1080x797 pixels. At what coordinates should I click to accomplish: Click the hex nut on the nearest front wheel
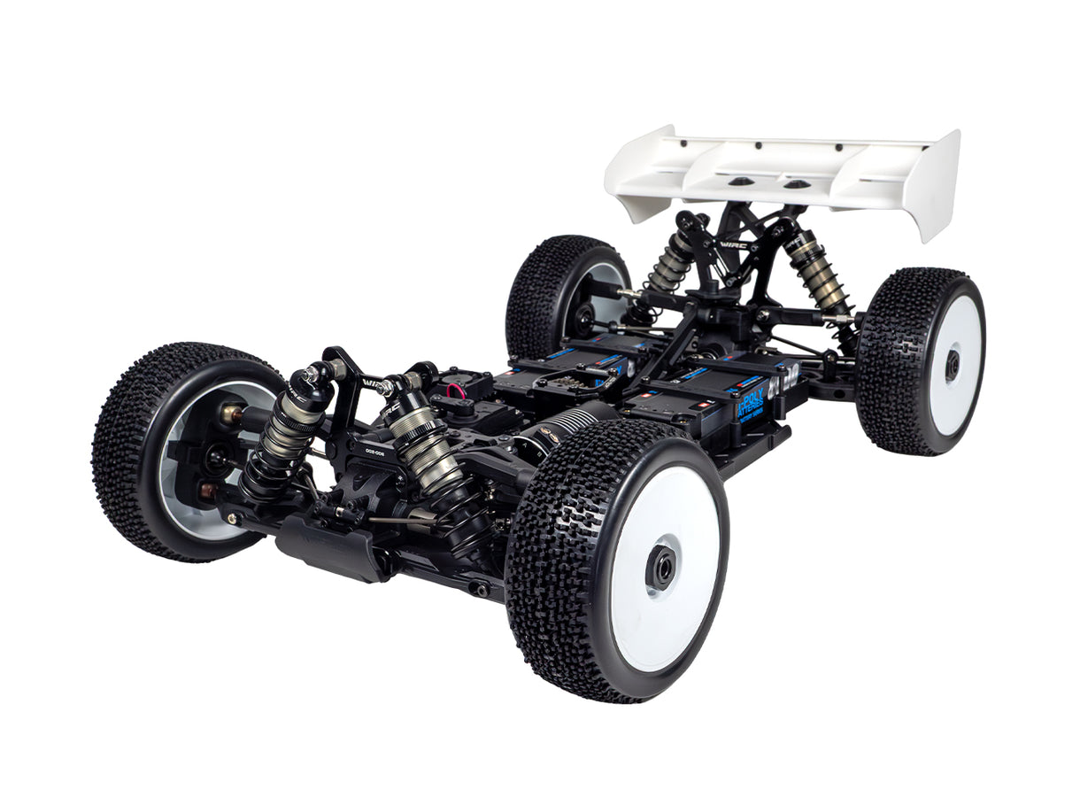point(662,568)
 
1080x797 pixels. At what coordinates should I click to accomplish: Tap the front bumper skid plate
point(332,549)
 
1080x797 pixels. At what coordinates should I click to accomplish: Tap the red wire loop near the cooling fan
point(456,391)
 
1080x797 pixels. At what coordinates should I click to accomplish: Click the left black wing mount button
point(737,181)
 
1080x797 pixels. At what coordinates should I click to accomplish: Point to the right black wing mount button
point(796,184)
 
